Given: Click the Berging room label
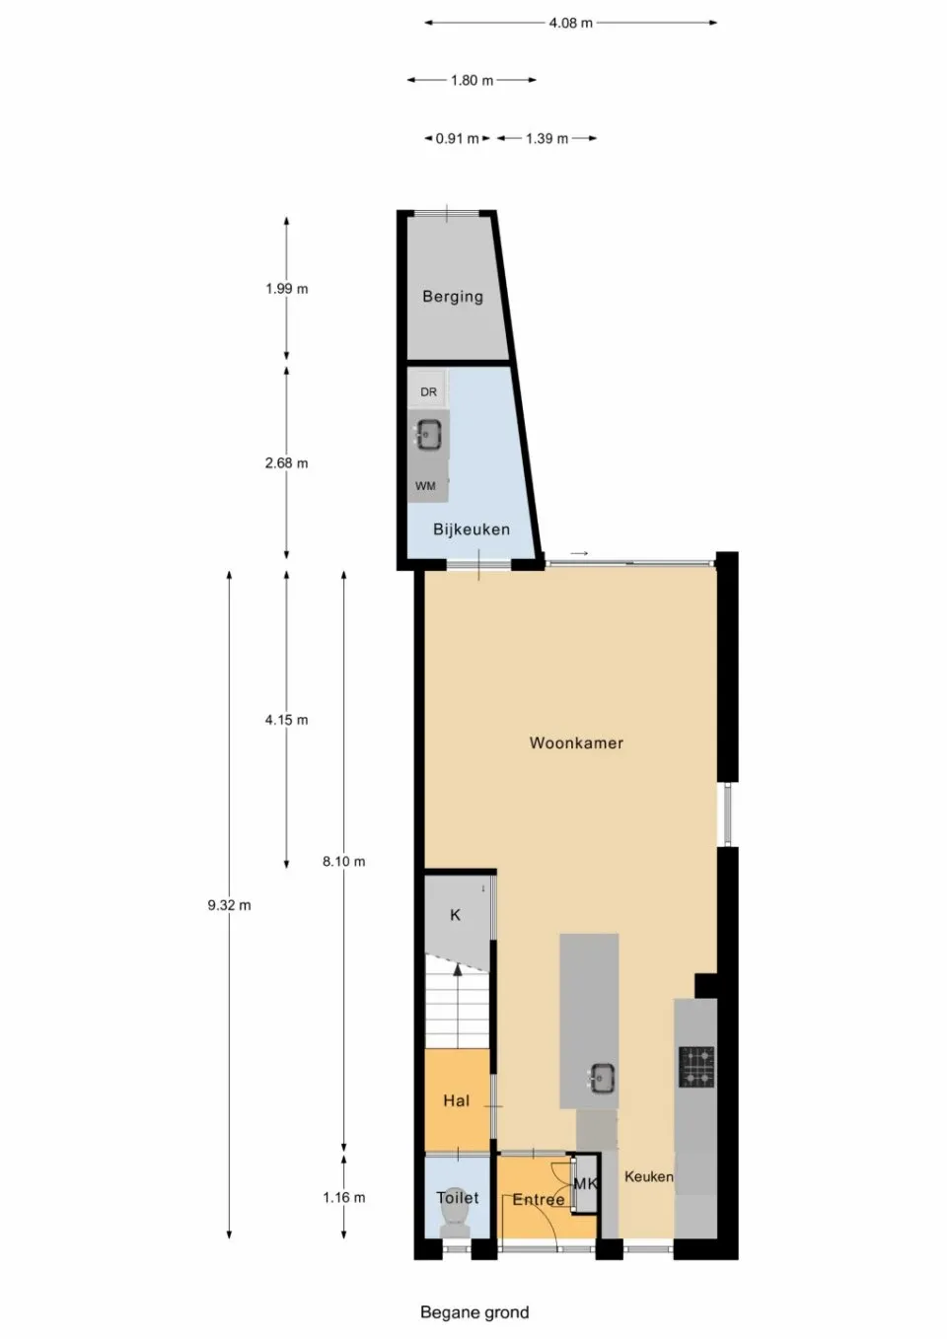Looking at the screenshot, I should pos(453,296).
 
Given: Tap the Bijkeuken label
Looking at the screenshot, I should pos(472,529).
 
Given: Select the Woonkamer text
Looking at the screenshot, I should pos(576,743).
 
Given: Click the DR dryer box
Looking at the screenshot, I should pos(428,391).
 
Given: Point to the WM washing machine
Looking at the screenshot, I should pos(426,486).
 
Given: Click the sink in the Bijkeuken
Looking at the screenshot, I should pos(428,434).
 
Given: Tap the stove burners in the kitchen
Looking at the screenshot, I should pos(696,1067).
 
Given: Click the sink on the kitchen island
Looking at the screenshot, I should pos(601,1079).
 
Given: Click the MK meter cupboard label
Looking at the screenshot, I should pos(585,1183).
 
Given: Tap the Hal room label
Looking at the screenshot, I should pos(456,1100).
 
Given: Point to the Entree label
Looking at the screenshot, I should pos(539,1200).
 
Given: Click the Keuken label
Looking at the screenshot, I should pos(649,1176).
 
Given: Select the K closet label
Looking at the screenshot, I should pos(455,915).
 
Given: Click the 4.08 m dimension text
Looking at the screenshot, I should pos(571,23).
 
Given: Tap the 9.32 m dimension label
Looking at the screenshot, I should pos(229,905).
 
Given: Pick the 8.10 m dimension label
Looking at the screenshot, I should pos(343,862).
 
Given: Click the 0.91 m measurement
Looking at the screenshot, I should pos(457,139).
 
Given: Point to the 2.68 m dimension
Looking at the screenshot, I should pos(286,462).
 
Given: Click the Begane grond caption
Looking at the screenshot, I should pos(474,1312).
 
